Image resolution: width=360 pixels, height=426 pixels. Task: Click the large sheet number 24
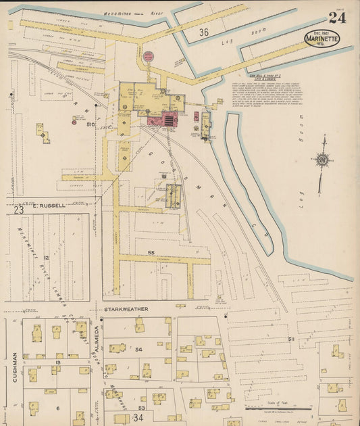pos(337,18)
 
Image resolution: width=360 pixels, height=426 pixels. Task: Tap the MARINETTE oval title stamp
pos(322,38)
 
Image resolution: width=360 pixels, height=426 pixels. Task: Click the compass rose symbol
pos(322,160)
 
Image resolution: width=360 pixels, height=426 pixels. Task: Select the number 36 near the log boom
pos(203,32)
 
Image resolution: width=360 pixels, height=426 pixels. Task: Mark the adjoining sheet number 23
pos(18,210)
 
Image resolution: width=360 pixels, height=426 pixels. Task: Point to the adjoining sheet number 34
pos(138,418)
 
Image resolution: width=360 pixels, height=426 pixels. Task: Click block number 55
pos(151,252)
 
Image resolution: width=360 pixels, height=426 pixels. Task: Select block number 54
pos(138,349)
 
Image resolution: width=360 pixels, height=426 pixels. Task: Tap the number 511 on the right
pos(291,338)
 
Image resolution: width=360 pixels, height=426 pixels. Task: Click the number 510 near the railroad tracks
pos(90,124)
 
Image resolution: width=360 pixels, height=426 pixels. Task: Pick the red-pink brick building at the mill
pos(163,120)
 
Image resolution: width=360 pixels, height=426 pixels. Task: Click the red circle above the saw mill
pos(148,55)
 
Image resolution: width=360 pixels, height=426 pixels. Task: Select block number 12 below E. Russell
pos(46,258)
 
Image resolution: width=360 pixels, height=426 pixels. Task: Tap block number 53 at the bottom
pos(141,408)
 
